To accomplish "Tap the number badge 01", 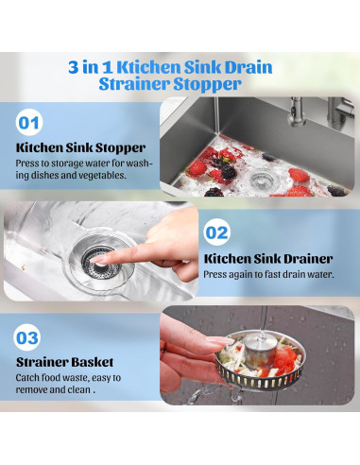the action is click(29, 122).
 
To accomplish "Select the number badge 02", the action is click(216, 232).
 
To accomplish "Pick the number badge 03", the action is click(27, 337).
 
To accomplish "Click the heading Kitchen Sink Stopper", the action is click(80, 147).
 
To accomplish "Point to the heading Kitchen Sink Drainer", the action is click(268, 259).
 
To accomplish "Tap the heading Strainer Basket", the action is click(65, 362).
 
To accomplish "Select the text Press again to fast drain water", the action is click(268, 274).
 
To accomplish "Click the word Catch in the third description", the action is click(27, 377).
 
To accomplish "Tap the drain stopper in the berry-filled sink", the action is click(262, 180).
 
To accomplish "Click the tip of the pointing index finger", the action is click(94, 260).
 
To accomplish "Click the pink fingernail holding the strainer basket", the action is click(220, 340).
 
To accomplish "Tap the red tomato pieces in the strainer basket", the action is click(285, 359).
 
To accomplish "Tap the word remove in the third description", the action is click(32, 390).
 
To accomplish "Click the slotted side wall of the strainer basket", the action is click(259, 381).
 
